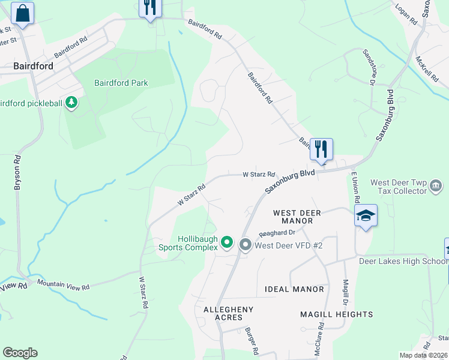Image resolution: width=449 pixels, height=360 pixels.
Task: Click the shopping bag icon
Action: (x=22, y=13)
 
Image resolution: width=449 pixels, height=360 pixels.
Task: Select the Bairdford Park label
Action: (x=121, y=83)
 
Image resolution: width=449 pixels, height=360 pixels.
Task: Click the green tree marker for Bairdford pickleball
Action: (x=71, y=103)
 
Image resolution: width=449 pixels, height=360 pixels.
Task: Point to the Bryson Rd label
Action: (x=17, y=173)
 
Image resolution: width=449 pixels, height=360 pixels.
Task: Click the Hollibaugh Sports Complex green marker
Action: (x=227, y=242)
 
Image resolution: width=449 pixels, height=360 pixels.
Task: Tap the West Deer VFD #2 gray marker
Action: (x=245, y=244)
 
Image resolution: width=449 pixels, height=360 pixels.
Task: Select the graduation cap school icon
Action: (x=365, y=215)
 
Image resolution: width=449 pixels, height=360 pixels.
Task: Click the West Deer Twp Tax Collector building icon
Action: (x=436, y=187)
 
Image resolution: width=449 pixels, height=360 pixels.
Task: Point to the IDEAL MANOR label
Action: (x=294, y=289)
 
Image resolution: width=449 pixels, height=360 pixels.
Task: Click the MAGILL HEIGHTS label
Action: (x=336, y=314)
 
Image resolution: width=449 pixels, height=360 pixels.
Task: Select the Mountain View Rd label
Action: (x=63, y=285)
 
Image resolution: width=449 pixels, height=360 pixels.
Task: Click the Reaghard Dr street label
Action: (x=277, y=232)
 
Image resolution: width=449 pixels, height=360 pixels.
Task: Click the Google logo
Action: (x=20, y=353)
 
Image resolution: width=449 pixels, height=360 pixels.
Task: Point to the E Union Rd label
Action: (x=355, y=187)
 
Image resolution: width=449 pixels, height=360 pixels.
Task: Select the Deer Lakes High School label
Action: (x=403, y=261)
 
